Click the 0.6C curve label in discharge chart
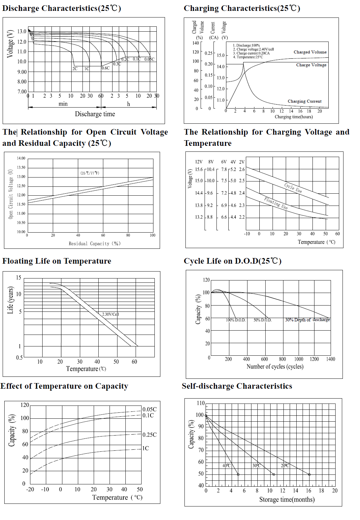click(106, 68)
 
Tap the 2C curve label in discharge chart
click(75, 69)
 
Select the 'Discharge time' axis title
click(95, 114)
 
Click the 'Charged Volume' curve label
click(310, 52)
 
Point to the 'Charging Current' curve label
click(304, 101)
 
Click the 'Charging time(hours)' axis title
click(293, 117)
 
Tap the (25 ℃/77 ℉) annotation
click(90, 173)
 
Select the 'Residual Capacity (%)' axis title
click(94, 244)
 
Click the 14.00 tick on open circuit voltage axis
click(21, 158)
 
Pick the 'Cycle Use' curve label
click(293, 188)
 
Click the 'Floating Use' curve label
click(276, 203)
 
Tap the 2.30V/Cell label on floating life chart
click(110, 314)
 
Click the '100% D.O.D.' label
click(236, 320)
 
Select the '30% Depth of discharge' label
click(307, 320)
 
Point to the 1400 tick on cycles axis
click(330, 359)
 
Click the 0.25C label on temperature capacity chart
click(149, 435)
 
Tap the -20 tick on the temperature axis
click(30, 489)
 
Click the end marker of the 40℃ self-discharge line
click(238, 474)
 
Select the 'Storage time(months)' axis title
click(287, 500)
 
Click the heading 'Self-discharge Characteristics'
click(237, 386)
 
